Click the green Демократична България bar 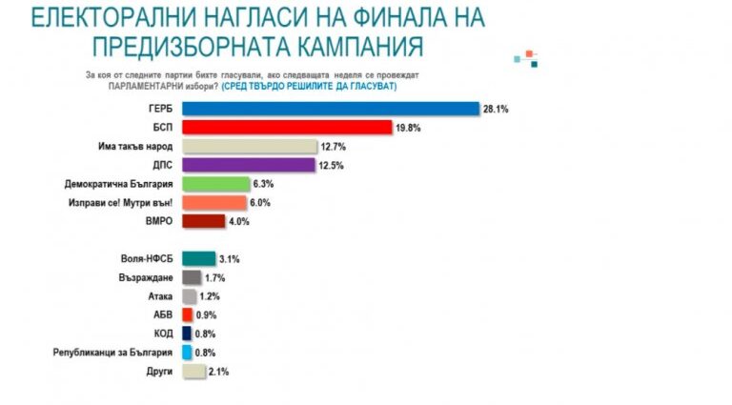pos(215,184)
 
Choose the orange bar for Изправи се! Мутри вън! pos(213,203)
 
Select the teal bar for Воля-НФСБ pos(197,258)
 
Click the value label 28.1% pos(496,109)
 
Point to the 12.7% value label pos(334,147)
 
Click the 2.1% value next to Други pos(219,372)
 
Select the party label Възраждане pos(149,277)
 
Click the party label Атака pos(159,296)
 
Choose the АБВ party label pos(161,315)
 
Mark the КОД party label pos(161,334)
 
